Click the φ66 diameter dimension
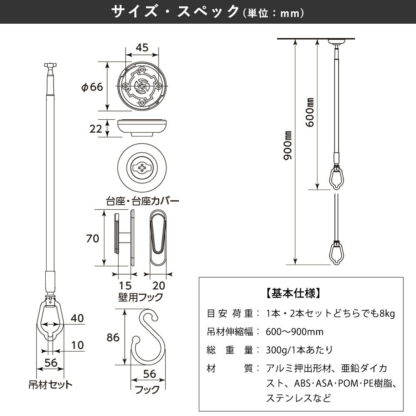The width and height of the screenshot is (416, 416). pos(92,87)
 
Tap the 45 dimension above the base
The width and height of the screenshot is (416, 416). pos(142,47)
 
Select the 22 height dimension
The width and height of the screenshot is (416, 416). pos(96,129)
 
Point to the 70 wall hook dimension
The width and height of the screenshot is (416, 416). pos(92,238)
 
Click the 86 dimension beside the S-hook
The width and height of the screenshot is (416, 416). pos(113,337)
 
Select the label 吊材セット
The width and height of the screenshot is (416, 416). pos(50,384)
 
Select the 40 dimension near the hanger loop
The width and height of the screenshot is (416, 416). pos(77,318)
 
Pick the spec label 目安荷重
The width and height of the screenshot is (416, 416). pos(230,313)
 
